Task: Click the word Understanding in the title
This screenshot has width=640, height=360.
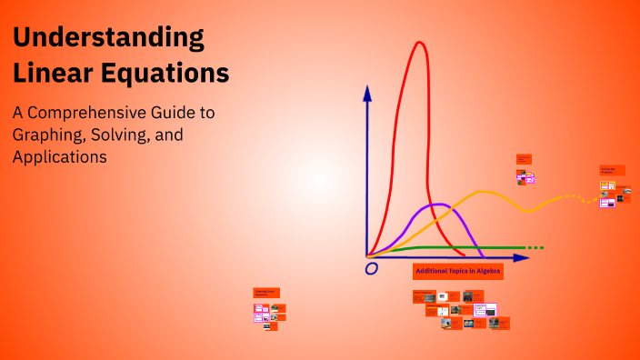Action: point(107,38)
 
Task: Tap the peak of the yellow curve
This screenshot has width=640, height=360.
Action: point(484,192)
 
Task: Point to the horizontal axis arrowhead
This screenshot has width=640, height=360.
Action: point(521,258)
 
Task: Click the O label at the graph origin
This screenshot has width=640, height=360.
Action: point(371,269)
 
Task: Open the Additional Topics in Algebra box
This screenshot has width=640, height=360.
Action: point(457,271)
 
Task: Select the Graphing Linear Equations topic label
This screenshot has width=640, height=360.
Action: point(265,293)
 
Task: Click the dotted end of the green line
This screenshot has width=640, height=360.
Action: point(535,247)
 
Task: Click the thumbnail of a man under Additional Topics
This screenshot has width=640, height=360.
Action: point(467,296)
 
